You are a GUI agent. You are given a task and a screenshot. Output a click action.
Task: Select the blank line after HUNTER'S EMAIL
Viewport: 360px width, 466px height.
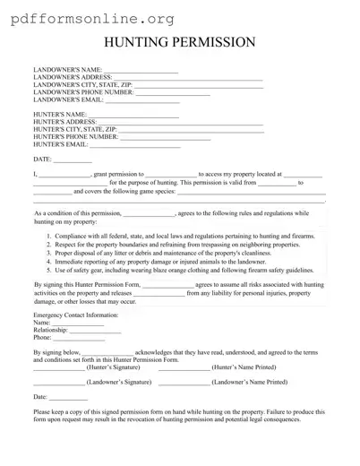[133, 145]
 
